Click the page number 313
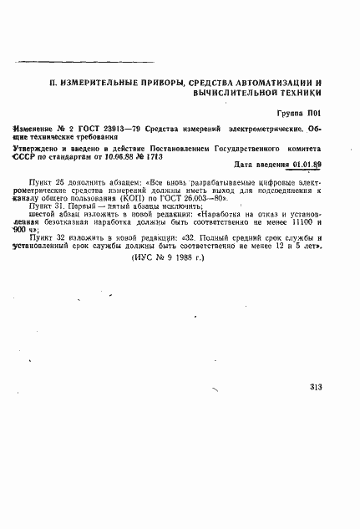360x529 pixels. coord(315,386)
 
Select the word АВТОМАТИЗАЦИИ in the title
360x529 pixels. coord(267,84)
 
